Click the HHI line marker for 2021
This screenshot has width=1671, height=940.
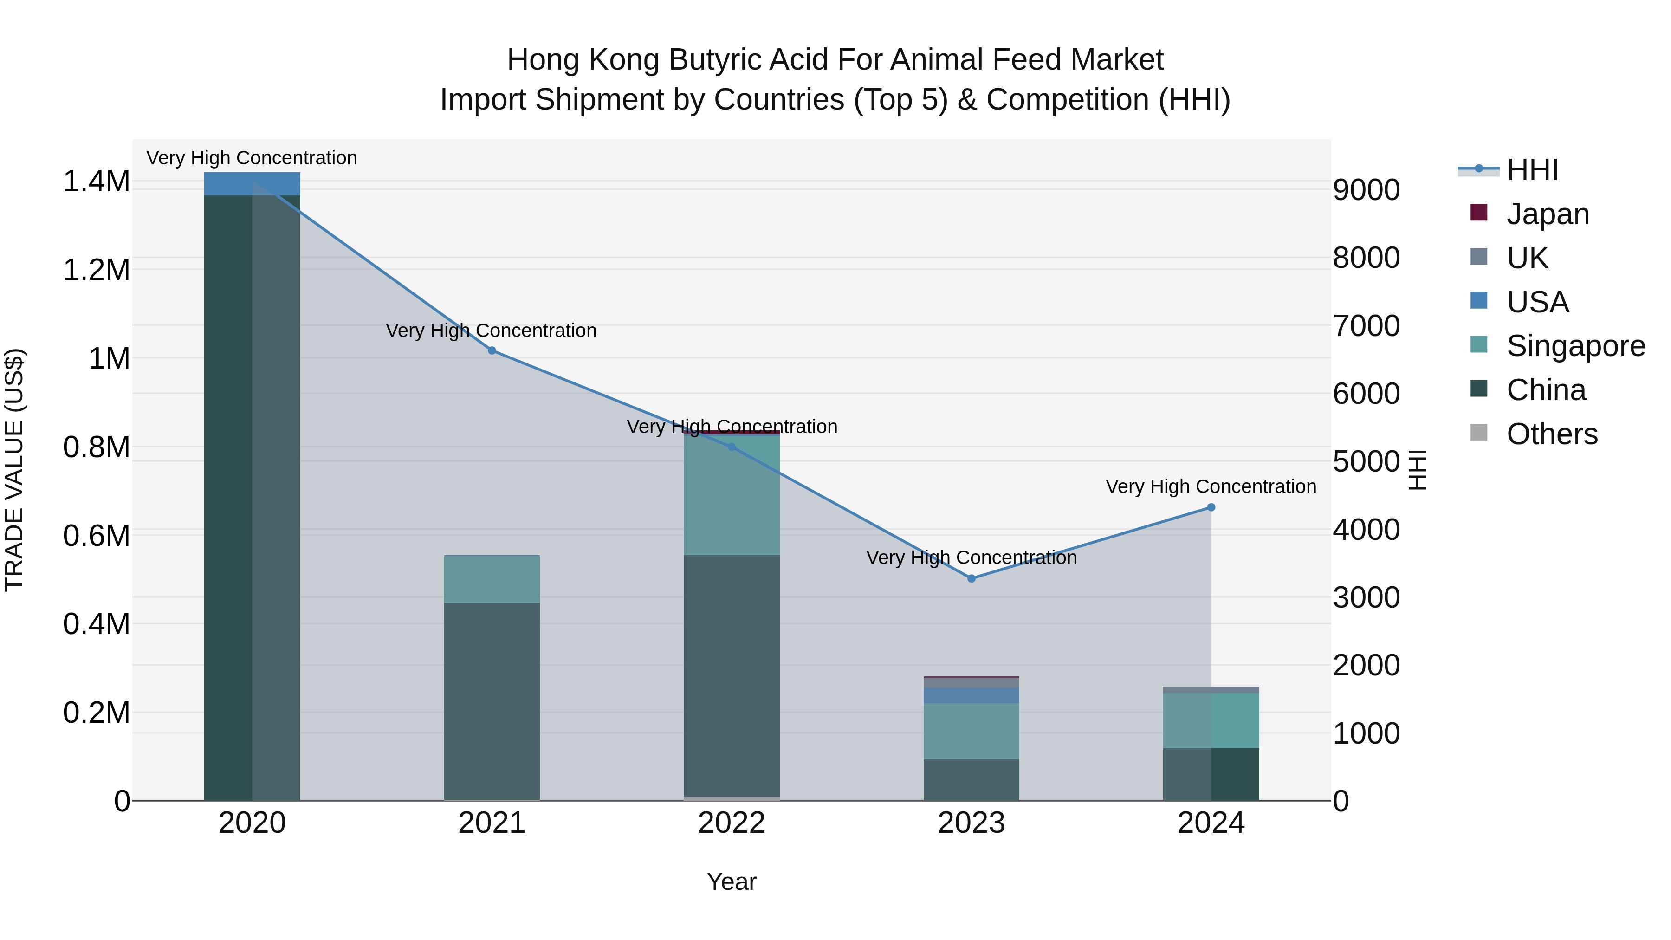492,351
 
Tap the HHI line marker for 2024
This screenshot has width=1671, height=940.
1211,508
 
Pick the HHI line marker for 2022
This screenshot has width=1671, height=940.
732,447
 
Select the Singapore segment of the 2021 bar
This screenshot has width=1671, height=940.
492,579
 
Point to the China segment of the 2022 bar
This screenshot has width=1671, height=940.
732,674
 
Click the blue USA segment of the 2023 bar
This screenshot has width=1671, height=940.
971,695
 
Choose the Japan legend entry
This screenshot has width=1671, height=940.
1547,214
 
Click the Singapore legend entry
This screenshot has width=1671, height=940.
1574,346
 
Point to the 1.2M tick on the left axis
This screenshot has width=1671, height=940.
96,270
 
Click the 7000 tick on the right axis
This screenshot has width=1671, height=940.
1366,326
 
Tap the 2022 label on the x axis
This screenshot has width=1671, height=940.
732,823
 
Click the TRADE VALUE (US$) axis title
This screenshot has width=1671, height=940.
14,470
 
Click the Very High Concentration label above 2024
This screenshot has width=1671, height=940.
1211,486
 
